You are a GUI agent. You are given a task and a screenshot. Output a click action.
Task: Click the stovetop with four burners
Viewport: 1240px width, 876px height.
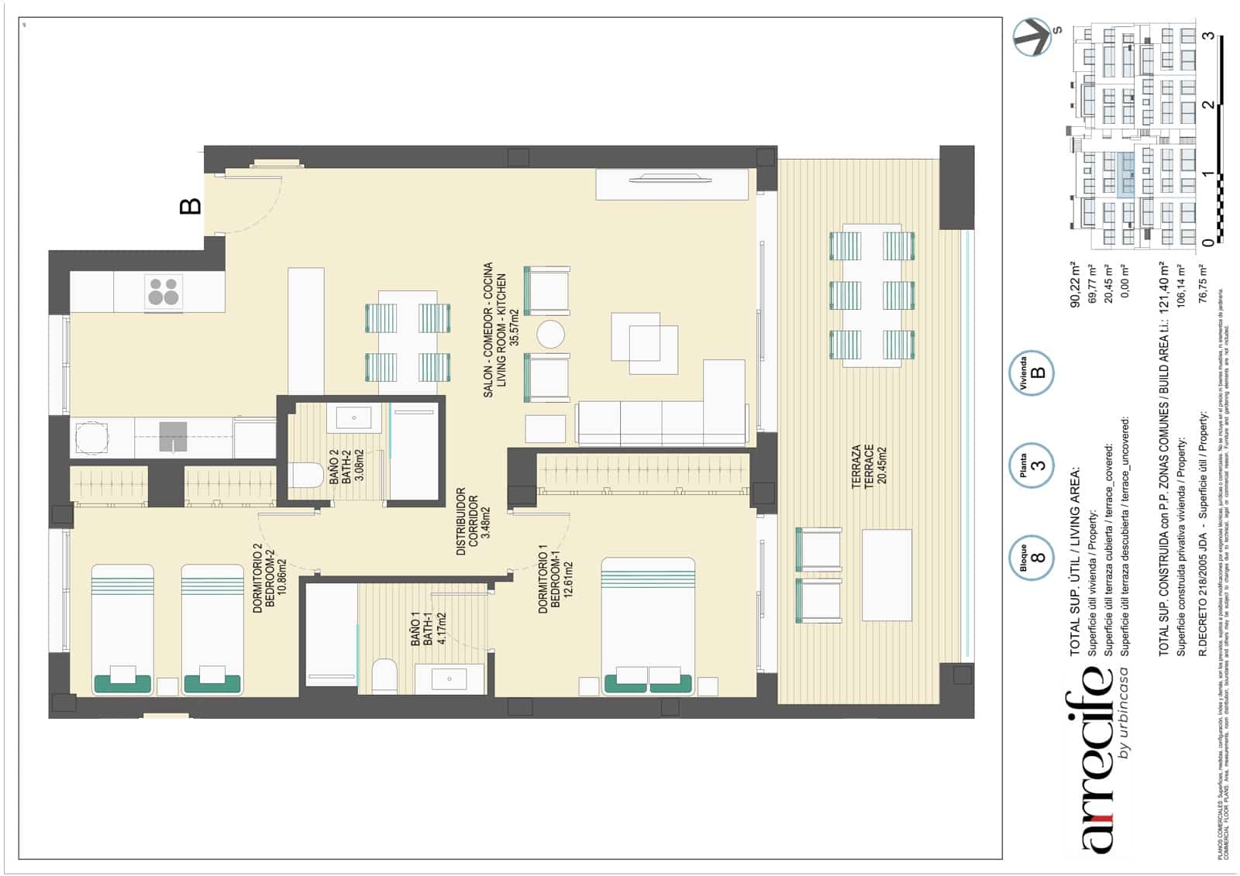(164, 292)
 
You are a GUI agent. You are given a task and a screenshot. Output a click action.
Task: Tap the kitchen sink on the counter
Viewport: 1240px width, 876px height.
(173, 436)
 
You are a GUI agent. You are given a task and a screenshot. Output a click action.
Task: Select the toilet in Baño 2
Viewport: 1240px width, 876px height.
(306, 475)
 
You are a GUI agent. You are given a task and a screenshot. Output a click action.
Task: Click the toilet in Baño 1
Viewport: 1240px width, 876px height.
(385, 675)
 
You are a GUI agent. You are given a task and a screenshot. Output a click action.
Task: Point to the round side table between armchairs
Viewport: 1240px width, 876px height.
(551, 335)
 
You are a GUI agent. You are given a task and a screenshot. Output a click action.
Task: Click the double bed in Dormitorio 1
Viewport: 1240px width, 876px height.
(648, 624)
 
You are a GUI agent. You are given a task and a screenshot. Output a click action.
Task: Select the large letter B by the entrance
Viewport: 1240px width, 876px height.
(190, 206)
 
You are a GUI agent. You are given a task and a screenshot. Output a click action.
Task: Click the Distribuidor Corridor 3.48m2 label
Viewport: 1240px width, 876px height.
(472, 520)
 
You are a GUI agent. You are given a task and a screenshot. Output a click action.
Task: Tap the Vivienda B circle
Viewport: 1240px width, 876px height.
(1032, 373)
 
